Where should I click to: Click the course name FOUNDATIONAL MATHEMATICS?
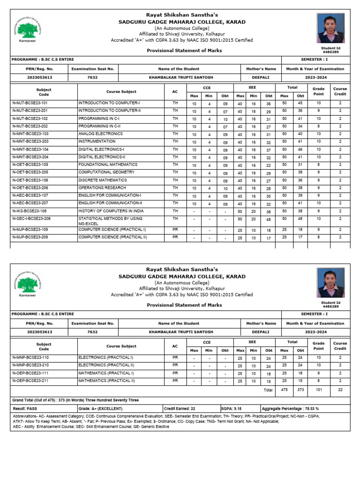pyautogui.click(x=108, y=165)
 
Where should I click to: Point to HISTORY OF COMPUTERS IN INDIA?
pyautogui.click(x=112, y=211)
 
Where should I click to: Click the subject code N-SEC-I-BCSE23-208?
pyautogui.click(x=31, y=218)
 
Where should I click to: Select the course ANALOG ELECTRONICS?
pyautogui.click(x=100, y=134)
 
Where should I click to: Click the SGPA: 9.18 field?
pyautogui.click(x=232, y=408)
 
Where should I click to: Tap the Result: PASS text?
pyautogui.click(x=25, y=408)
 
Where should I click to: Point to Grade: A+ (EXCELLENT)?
pyautogui.click(x=100, y=408)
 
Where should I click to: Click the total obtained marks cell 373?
pyautogui.click(x=300, y=390)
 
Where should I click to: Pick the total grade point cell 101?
pyautogui.click(x=318, y=390)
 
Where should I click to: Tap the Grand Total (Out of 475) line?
pyautogui.click(x=75, y=400)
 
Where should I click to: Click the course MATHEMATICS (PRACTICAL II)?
pyautogui.click(x=106, y=381)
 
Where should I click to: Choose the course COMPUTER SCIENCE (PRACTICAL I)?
pyautogui.click(x=112, y=230)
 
